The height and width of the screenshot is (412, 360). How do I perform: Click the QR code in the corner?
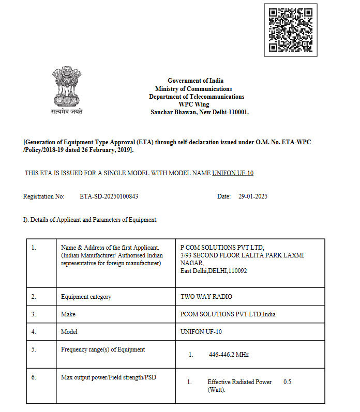point(290,30)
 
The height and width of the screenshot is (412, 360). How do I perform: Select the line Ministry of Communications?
point(193,89)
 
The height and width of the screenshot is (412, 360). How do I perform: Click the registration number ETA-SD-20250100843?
point(109,196)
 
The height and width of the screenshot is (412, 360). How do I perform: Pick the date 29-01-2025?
point(253,196)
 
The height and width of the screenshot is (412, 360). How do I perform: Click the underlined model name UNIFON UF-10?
point(233,173)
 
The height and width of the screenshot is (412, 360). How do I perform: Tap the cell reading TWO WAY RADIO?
point(206,297)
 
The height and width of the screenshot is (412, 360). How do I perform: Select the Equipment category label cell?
point(86,297)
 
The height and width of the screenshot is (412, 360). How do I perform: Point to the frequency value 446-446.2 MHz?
point(229,355)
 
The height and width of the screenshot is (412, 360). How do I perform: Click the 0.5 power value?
point(288,382)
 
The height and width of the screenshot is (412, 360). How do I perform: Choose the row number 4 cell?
point(34,331)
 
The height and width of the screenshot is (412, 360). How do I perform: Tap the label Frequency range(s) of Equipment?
point(103,349)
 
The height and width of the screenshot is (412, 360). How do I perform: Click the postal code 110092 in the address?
point(237,270)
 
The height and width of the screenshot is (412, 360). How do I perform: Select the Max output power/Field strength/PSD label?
point(109,377)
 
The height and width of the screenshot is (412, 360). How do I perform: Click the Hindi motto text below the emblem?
point(67,111)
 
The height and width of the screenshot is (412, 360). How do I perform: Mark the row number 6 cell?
point(34,377)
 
